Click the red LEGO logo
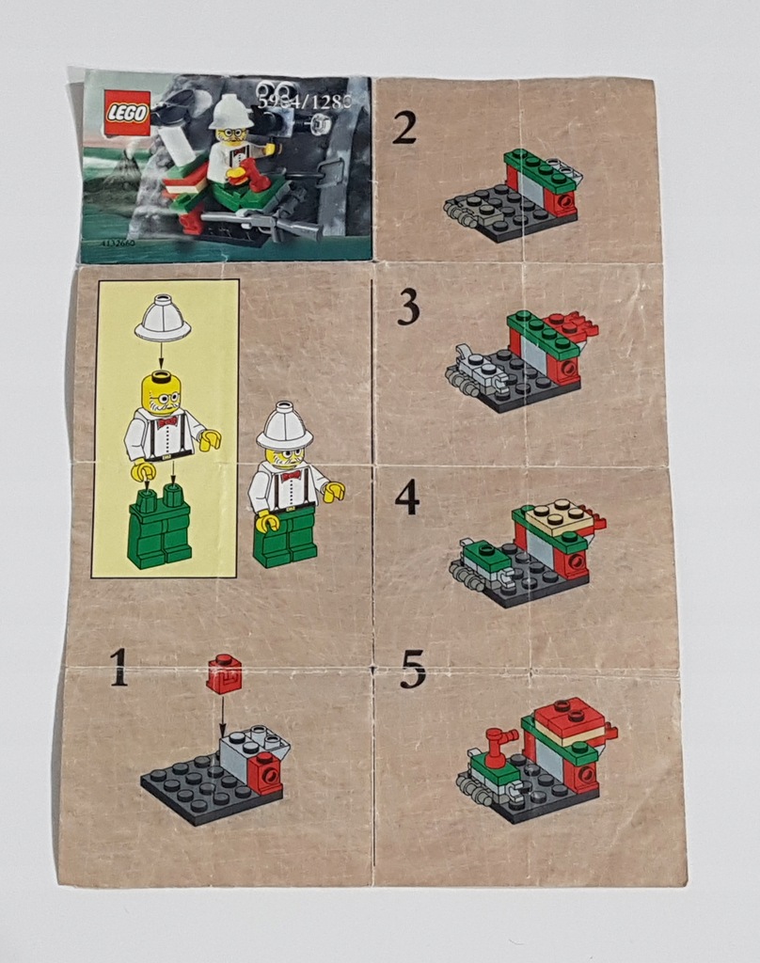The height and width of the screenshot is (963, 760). pos(126,113)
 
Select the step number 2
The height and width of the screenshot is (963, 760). pos(404,128)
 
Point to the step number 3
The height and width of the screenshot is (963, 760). pos(407,308)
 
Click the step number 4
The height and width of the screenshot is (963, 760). pos(406,497)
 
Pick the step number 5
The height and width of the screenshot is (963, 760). pos(412,669)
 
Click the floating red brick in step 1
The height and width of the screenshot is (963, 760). pos(224,673)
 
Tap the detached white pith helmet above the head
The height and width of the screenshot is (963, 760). pos(162,320)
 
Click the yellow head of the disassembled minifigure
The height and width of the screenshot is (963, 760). pos(161,392)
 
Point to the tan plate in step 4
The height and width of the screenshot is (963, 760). pos(560,516)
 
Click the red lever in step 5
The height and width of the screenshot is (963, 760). pos(499,742)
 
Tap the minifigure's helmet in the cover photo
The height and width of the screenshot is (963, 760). pos(230,111)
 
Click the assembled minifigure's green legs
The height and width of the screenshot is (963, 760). pos(286,538)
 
